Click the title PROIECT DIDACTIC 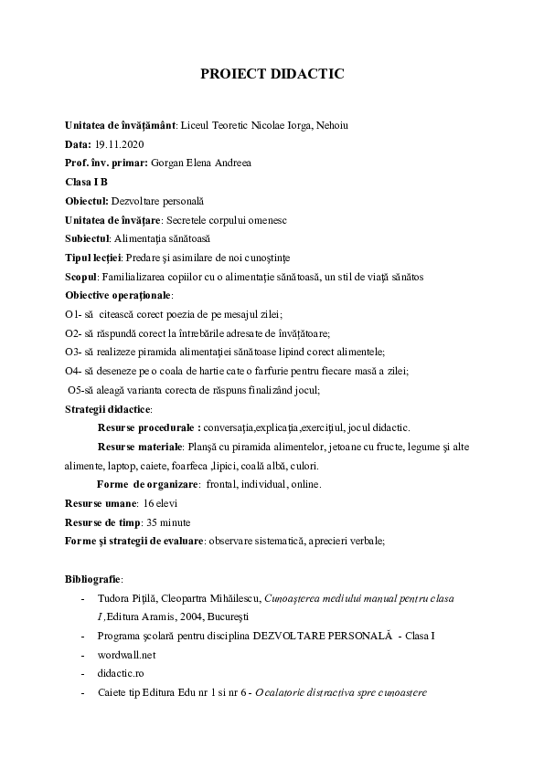click(x=272, y=75)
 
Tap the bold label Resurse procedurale click(x=148, y=427)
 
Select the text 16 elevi click(x=161, y=503)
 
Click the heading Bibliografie click(x=94, y=579)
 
